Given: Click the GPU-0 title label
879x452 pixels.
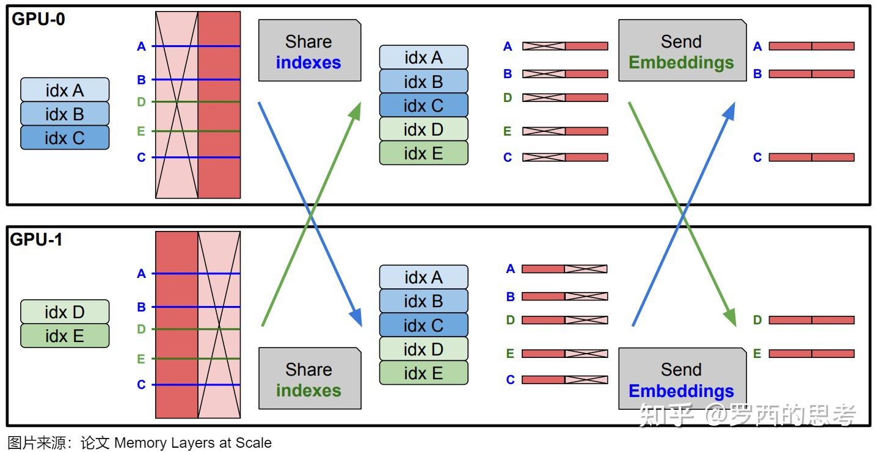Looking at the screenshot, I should click(38, 19).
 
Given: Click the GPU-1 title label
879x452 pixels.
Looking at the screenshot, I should click(36, 240).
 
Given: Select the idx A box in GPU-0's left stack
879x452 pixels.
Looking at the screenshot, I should click(65, 90).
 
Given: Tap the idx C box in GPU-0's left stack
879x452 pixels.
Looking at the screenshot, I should click(65, 138).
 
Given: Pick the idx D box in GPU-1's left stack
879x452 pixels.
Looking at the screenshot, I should click(65, 312).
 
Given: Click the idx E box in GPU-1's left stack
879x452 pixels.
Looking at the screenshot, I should click(65, 336).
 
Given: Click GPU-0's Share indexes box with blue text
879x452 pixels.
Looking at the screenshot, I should click(309, 51).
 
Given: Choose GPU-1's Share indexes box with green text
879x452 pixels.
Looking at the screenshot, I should click(309, 379).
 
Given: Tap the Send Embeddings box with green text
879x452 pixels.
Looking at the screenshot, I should click(682, 51).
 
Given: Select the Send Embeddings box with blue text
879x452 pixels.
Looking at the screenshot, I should click(682, 379).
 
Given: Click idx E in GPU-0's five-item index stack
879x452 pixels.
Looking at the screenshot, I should click(423, 153).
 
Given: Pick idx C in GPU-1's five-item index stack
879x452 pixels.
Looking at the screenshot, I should click(423, 325).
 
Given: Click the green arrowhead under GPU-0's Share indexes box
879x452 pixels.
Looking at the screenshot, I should click(356, 111).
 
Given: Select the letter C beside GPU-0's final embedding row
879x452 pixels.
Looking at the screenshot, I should click(757, 158).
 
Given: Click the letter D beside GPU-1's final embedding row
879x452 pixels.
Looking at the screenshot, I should click(757, 320).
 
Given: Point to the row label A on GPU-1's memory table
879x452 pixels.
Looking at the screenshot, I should click(142, 274).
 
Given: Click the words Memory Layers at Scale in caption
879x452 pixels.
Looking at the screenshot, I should click(193, 443).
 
